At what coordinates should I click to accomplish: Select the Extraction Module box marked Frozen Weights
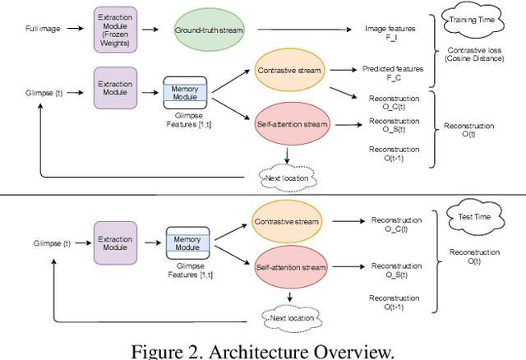click(116, 28)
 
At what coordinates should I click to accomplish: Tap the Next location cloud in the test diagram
click(289, 315)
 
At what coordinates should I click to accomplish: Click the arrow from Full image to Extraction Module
click(75, 28)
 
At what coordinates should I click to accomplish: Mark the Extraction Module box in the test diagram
click(116, 242)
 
